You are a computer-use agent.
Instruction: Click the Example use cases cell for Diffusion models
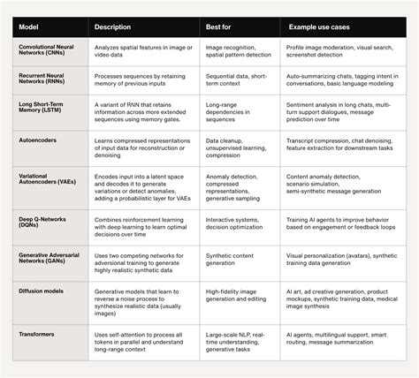coord(339,299)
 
